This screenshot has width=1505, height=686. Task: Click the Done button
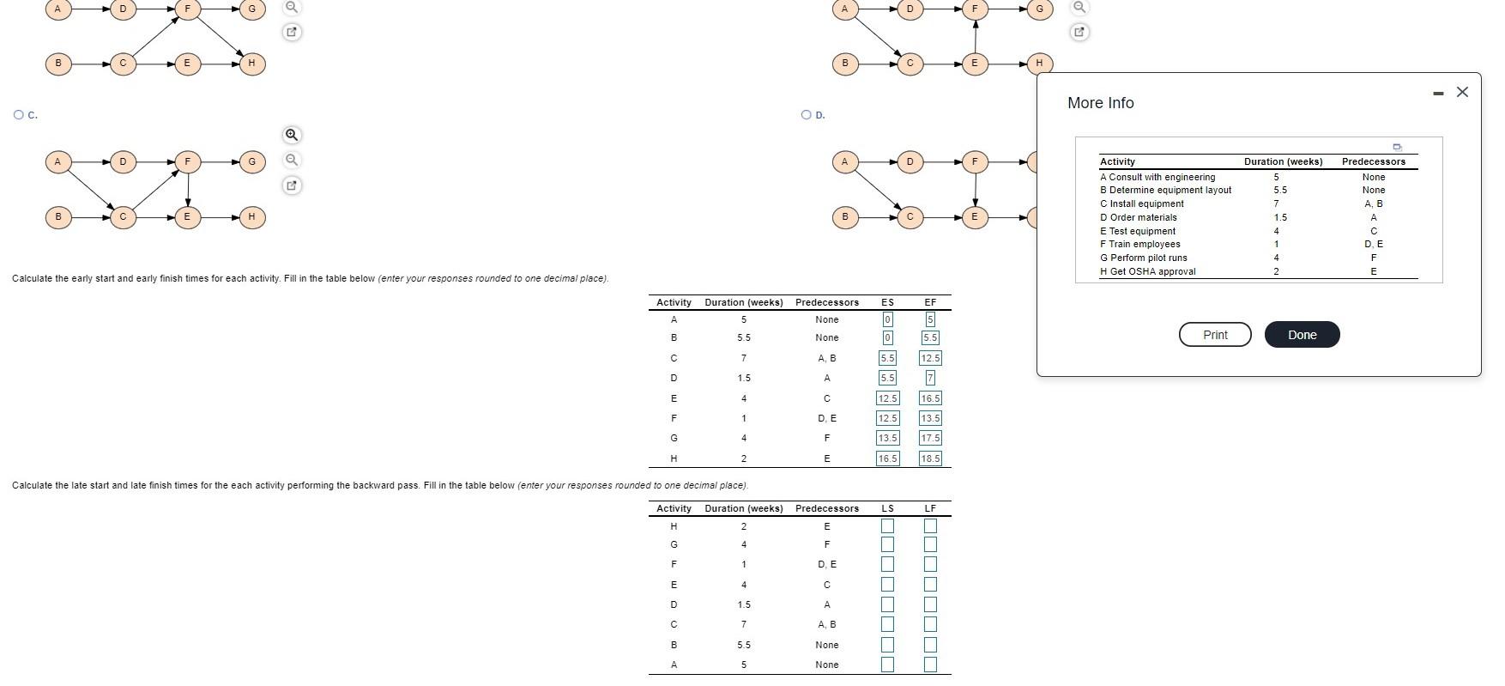coord(1302,335)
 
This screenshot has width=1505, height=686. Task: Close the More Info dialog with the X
coord(1462,92)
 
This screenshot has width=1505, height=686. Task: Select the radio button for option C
coord(19,114)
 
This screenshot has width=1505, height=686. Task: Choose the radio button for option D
coord(806,114)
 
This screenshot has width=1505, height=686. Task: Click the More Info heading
coord(1101,103)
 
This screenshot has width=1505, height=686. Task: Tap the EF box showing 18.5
coord(930,458)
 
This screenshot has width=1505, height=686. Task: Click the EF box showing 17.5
coord(930,438)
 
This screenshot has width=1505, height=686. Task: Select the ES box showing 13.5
coord(887,438)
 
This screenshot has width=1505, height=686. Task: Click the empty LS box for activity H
coord(887,525)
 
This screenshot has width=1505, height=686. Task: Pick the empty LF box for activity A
coord(930,665)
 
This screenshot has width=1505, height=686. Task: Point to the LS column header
coord(887,508)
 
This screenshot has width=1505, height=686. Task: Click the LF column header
coord(930,508)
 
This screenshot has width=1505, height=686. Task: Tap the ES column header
coord(887,302)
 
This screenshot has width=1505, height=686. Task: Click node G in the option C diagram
coord(251,161)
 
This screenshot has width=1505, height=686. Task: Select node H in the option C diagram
coord(251,216)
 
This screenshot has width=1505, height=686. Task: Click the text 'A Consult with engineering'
coord(1157,177)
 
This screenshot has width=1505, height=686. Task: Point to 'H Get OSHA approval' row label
coord(1148,271)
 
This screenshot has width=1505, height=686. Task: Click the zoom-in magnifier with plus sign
coord(292,135)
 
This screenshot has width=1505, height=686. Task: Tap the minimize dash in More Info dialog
coord(1438,93)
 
